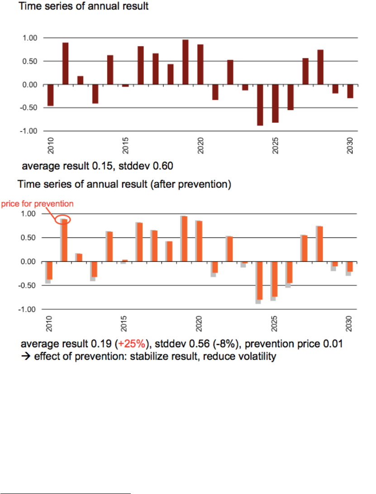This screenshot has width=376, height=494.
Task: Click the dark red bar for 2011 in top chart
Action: coord(65,63)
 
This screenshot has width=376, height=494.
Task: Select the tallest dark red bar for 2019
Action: coord(186,62)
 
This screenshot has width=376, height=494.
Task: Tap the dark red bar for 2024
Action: coord(260,105)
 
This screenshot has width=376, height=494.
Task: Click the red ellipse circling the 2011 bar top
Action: coord(63,219)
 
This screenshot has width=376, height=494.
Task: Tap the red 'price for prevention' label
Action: coord(37,204)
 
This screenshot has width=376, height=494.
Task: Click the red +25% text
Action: coord(135,345)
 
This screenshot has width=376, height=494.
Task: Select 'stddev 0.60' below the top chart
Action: coord(152,166)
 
